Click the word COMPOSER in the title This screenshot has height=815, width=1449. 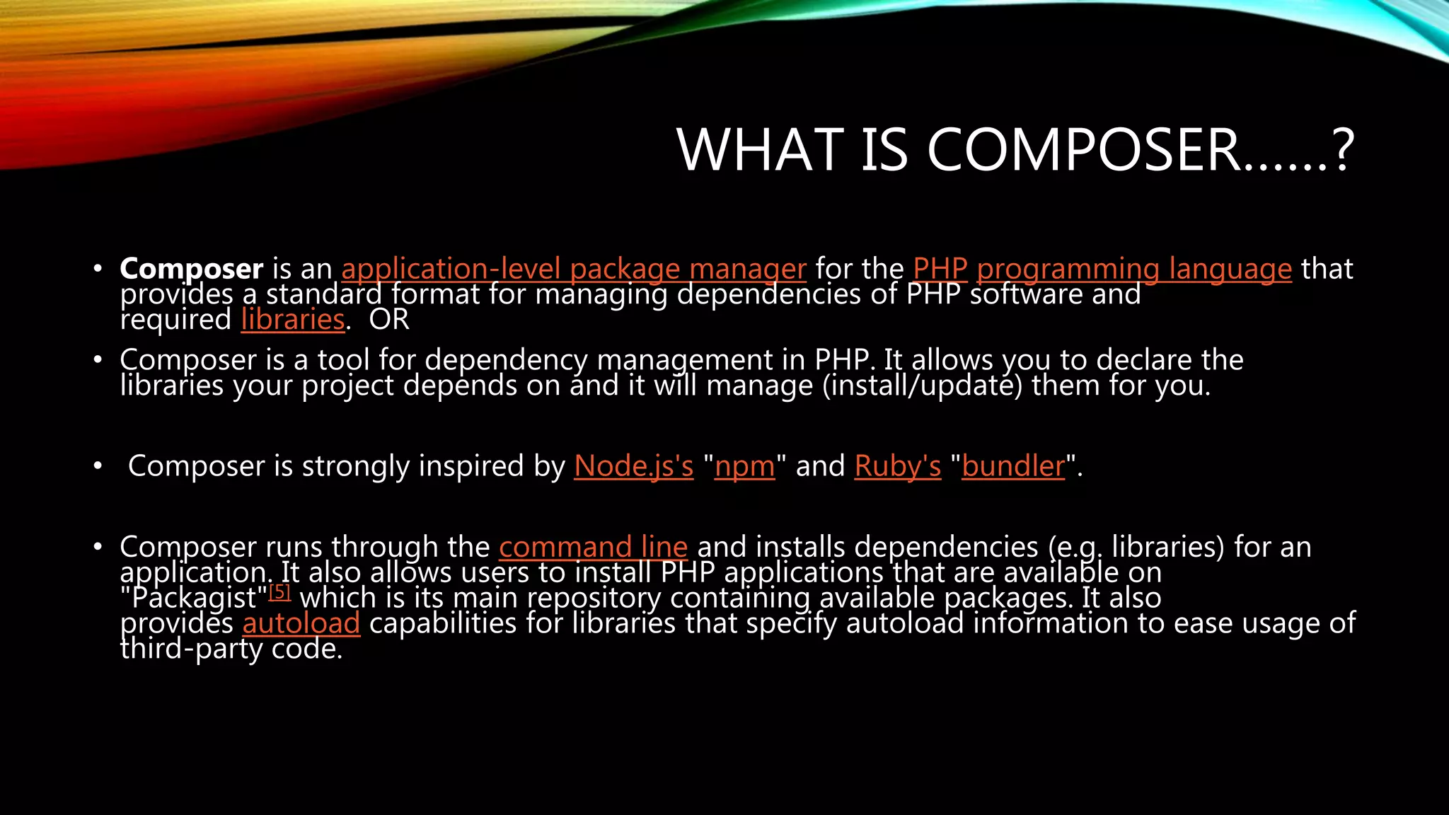(1083, 150)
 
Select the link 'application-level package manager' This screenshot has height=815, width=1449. (573, 269)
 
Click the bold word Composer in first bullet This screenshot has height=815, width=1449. (191, 269)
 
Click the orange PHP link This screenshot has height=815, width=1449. (940, 269)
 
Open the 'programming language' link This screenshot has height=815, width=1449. (1133, 269)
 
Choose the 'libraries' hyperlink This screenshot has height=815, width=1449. (292, 320)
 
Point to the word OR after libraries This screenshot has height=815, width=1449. (389, 320)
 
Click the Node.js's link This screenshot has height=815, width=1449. (633, 466)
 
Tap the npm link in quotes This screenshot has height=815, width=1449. (744, 466)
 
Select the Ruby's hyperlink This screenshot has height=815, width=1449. (897, 466)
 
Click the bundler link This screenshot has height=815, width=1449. (1013, 466)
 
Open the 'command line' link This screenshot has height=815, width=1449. (593, 547)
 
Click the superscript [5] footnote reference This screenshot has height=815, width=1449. (280, 591)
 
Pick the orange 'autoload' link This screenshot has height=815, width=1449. (301, 623)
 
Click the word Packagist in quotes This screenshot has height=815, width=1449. (194, 599)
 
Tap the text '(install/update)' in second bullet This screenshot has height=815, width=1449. (922, 386)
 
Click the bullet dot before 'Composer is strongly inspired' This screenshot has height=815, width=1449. (98, 466)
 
